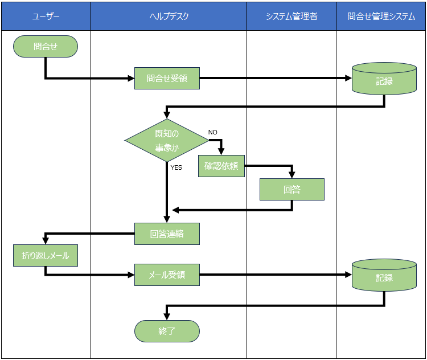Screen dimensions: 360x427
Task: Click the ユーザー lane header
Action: tap(46, 16)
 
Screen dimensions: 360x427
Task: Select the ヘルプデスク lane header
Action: tap(169, 16)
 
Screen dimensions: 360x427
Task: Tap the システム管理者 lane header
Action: tap(291, 16)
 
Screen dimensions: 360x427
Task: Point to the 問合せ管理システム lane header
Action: tap(381, 16)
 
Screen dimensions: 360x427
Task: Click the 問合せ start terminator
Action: tap(46, 47)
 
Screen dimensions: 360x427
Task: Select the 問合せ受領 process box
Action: tap(167, 79)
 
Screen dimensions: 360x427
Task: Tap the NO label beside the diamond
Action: tap(213, 132)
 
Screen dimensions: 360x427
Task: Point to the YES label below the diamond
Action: tap(176, 167)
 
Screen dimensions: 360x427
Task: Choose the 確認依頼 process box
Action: tap(221, 166)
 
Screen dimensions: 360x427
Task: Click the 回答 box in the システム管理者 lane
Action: tap(292, 190)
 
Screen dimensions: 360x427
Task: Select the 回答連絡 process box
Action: tap(167, 234)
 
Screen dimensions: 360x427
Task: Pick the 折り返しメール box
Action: tap(46, 256)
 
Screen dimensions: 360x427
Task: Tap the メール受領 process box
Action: tap(167, 275)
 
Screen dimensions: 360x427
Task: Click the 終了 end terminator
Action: tap(167, 331)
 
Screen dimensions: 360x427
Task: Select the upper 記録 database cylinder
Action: tap(384, 79)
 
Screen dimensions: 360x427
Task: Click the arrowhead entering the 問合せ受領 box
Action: tap(131, 79)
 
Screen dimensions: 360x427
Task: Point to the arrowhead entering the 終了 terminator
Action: tap(167, 317)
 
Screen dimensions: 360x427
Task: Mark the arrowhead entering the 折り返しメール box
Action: tap(46, 242)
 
